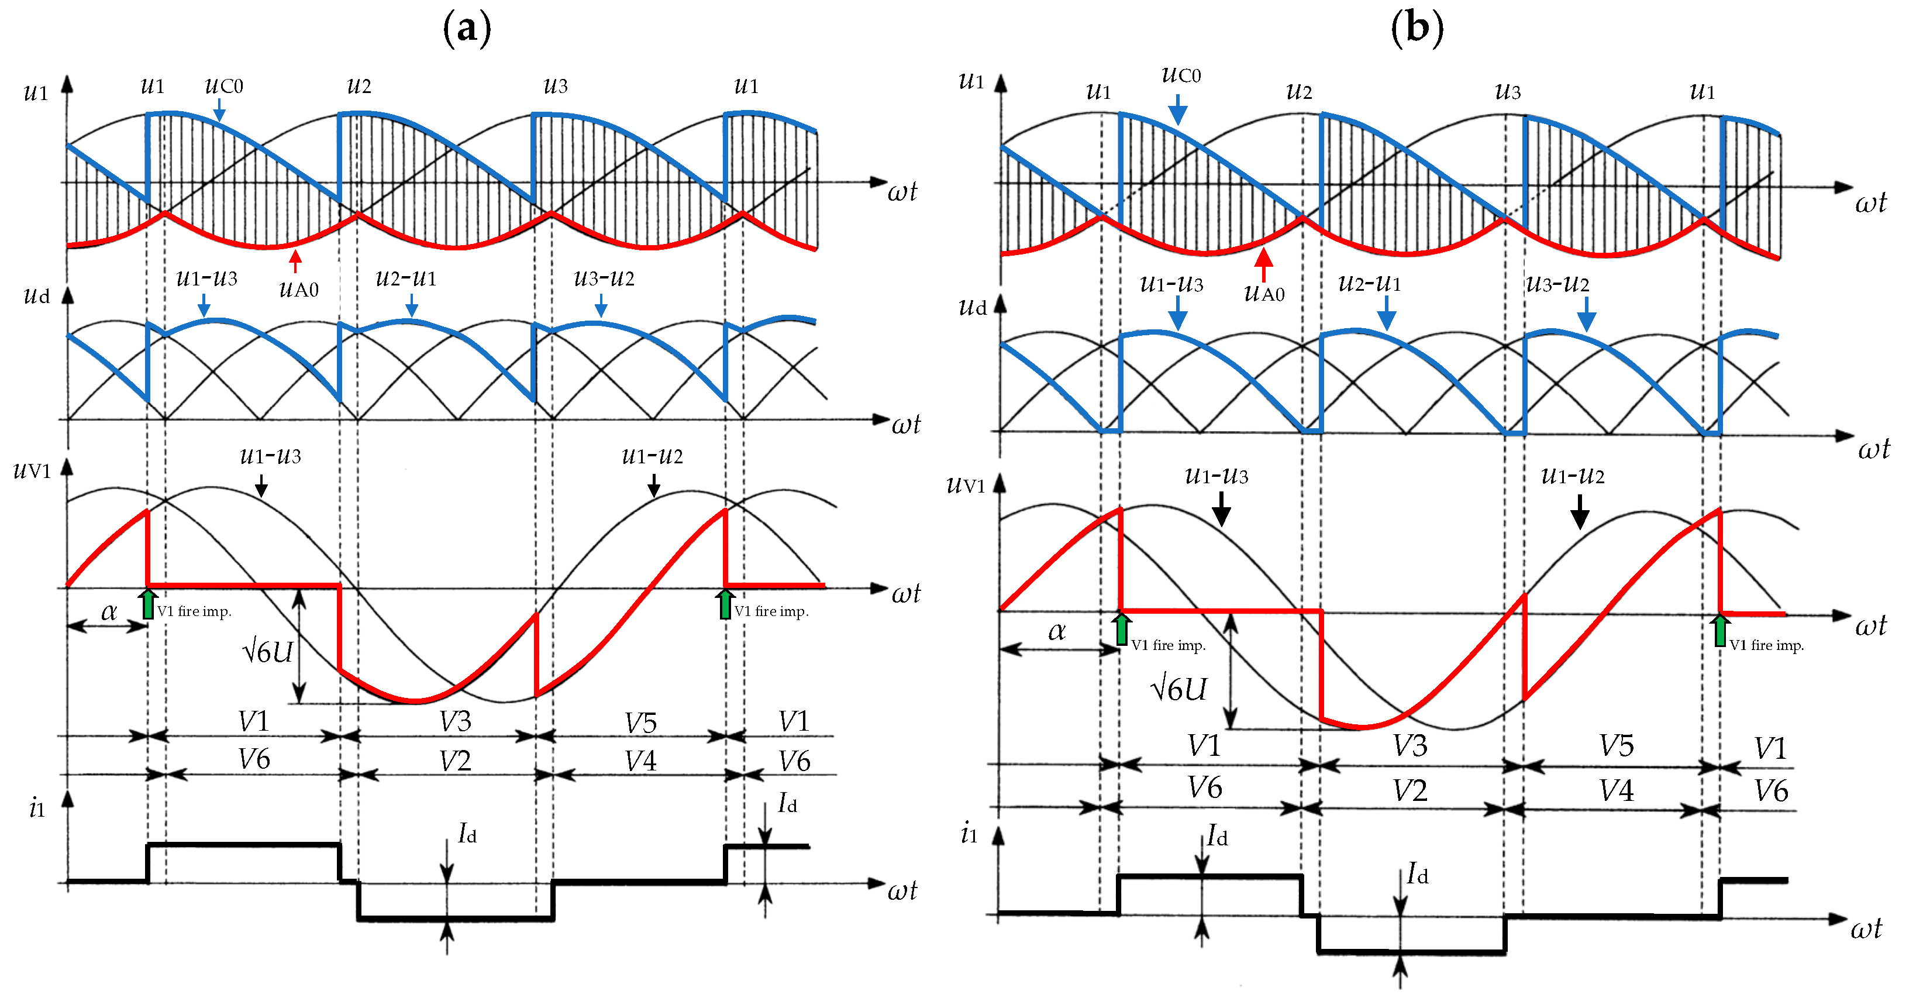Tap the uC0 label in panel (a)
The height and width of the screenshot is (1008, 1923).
(x=224, y=86)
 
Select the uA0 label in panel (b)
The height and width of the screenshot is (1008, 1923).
(x=1264, y=293)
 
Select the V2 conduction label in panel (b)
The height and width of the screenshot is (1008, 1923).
(x=1409, y=790)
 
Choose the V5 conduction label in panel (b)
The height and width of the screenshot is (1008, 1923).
(x=1616, y=746)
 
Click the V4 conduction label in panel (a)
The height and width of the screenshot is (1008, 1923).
(x=640, y=761)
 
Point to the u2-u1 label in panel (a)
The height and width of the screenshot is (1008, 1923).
(x=405, y=278)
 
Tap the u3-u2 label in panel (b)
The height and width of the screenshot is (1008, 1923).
(x=1557, y=284)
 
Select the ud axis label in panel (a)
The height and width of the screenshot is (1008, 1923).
(x=37, y=295)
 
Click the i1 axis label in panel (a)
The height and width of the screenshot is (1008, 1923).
(x=37, y=808)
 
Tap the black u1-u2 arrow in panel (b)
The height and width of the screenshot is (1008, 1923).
(x=1579, y=514)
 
